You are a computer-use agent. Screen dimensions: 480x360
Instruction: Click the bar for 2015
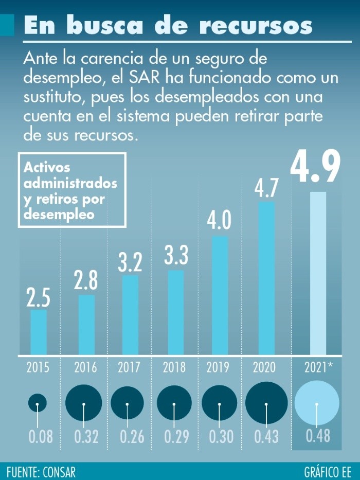click(39, 332)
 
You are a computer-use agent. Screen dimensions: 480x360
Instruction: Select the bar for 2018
click(176, 312)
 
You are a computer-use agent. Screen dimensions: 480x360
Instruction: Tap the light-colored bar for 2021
click(318, 273)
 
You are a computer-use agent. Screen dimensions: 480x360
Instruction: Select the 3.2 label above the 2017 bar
click(131, 261)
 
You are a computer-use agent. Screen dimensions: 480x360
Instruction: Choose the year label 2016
click(85, 368)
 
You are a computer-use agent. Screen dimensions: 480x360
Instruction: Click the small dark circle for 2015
click(38, 403)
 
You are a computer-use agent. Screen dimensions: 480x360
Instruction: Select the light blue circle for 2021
click(317, 403)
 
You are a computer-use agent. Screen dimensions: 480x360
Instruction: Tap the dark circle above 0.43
click(266, 403)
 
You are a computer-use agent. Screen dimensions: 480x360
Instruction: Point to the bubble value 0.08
click(41, 437)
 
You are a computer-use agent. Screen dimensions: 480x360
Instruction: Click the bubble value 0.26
click(132, 437)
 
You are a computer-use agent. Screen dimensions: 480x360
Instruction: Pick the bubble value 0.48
click(318, 437)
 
